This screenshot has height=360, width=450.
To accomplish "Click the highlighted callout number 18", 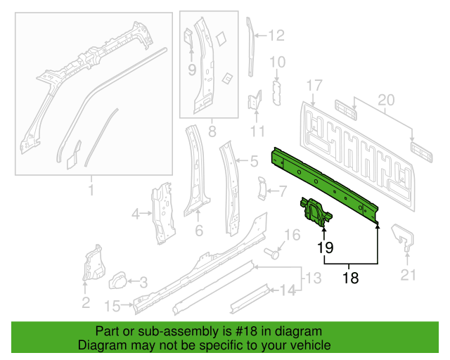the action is (x=350, y=278).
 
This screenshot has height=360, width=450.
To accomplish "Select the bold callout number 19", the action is (x=325, y=247).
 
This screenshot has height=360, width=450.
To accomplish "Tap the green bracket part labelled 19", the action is (x=316, y=213).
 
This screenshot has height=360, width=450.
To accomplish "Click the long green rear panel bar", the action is (x=325, y=185).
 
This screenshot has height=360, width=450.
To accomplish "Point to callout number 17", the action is (x=314, y=86).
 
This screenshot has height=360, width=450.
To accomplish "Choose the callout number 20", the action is (x=386, y=100).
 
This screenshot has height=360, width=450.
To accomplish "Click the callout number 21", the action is (x=408, y=275).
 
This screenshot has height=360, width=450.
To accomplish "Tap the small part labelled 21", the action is (x=403, y=238).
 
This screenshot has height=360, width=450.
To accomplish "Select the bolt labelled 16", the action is (x=273, y=254).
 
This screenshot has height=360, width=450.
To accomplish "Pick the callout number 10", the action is (x=278, y=62).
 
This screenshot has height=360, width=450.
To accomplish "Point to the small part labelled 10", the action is (x=276, y=93).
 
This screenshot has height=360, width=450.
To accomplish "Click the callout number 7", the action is (x=283, y=191).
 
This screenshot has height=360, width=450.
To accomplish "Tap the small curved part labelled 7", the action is (x=262, y=188).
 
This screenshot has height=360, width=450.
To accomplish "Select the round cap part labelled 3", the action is (x=117, y=281).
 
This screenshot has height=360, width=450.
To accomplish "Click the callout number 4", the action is (x=136, y=214).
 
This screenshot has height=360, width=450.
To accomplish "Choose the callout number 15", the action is (x=112, y=307).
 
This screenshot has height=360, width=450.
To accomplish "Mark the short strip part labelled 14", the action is (x=250, y=299).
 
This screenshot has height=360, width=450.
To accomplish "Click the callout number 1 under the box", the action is (x=91, y=190).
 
